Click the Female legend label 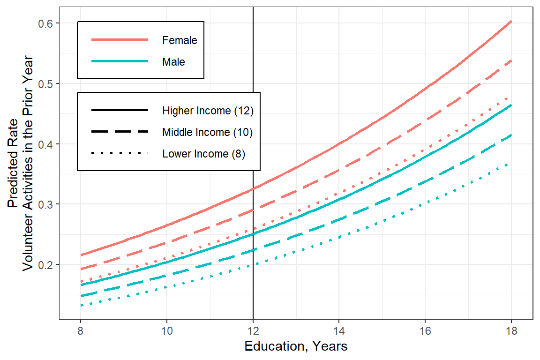(180, 40)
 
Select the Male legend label (173, 61)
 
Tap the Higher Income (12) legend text (208, 111)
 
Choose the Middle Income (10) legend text (208, 132)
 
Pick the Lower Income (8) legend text (203, 153)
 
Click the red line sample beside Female (120, 40)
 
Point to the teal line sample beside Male (120, 61)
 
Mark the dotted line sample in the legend (120, 153)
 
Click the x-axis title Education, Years (296, 346)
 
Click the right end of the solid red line (511, 22)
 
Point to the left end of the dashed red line (81, 269)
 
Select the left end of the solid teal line (81, 285)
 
